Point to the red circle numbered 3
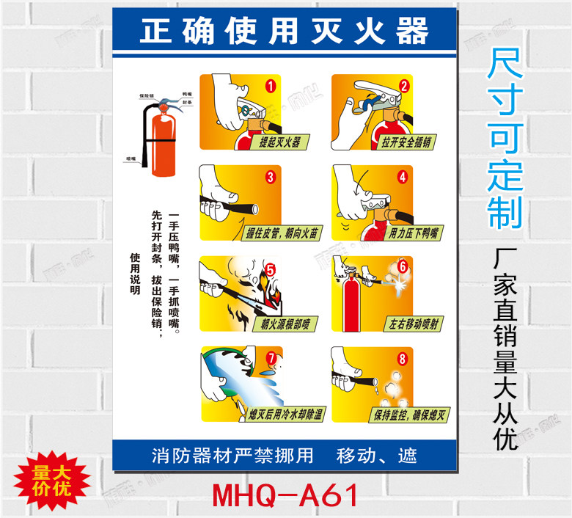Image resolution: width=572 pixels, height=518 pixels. pyautogui.click(x=270, y=176)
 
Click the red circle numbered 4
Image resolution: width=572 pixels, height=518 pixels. pyautogui.click(x=401, y=176)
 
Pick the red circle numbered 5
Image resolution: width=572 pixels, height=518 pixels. pyautogui.click(x=270, y=268)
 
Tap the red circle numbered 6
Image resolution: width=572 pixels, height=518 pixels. pyautogui.click(x=402, y=266)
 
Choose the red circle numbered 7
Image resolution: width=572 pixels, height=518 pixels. pyautogui.click(x=272, y=359)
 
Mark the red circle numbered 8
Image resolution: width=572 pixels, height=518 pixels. pyautogui.click(x=401, y=359)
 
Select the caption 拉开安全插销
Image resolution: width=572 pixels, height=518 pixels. pyautogui.click(x=408, y=142)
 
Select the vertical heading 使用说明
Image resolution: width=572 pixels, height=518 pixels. pyautogui.click(x=134, y=273)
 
